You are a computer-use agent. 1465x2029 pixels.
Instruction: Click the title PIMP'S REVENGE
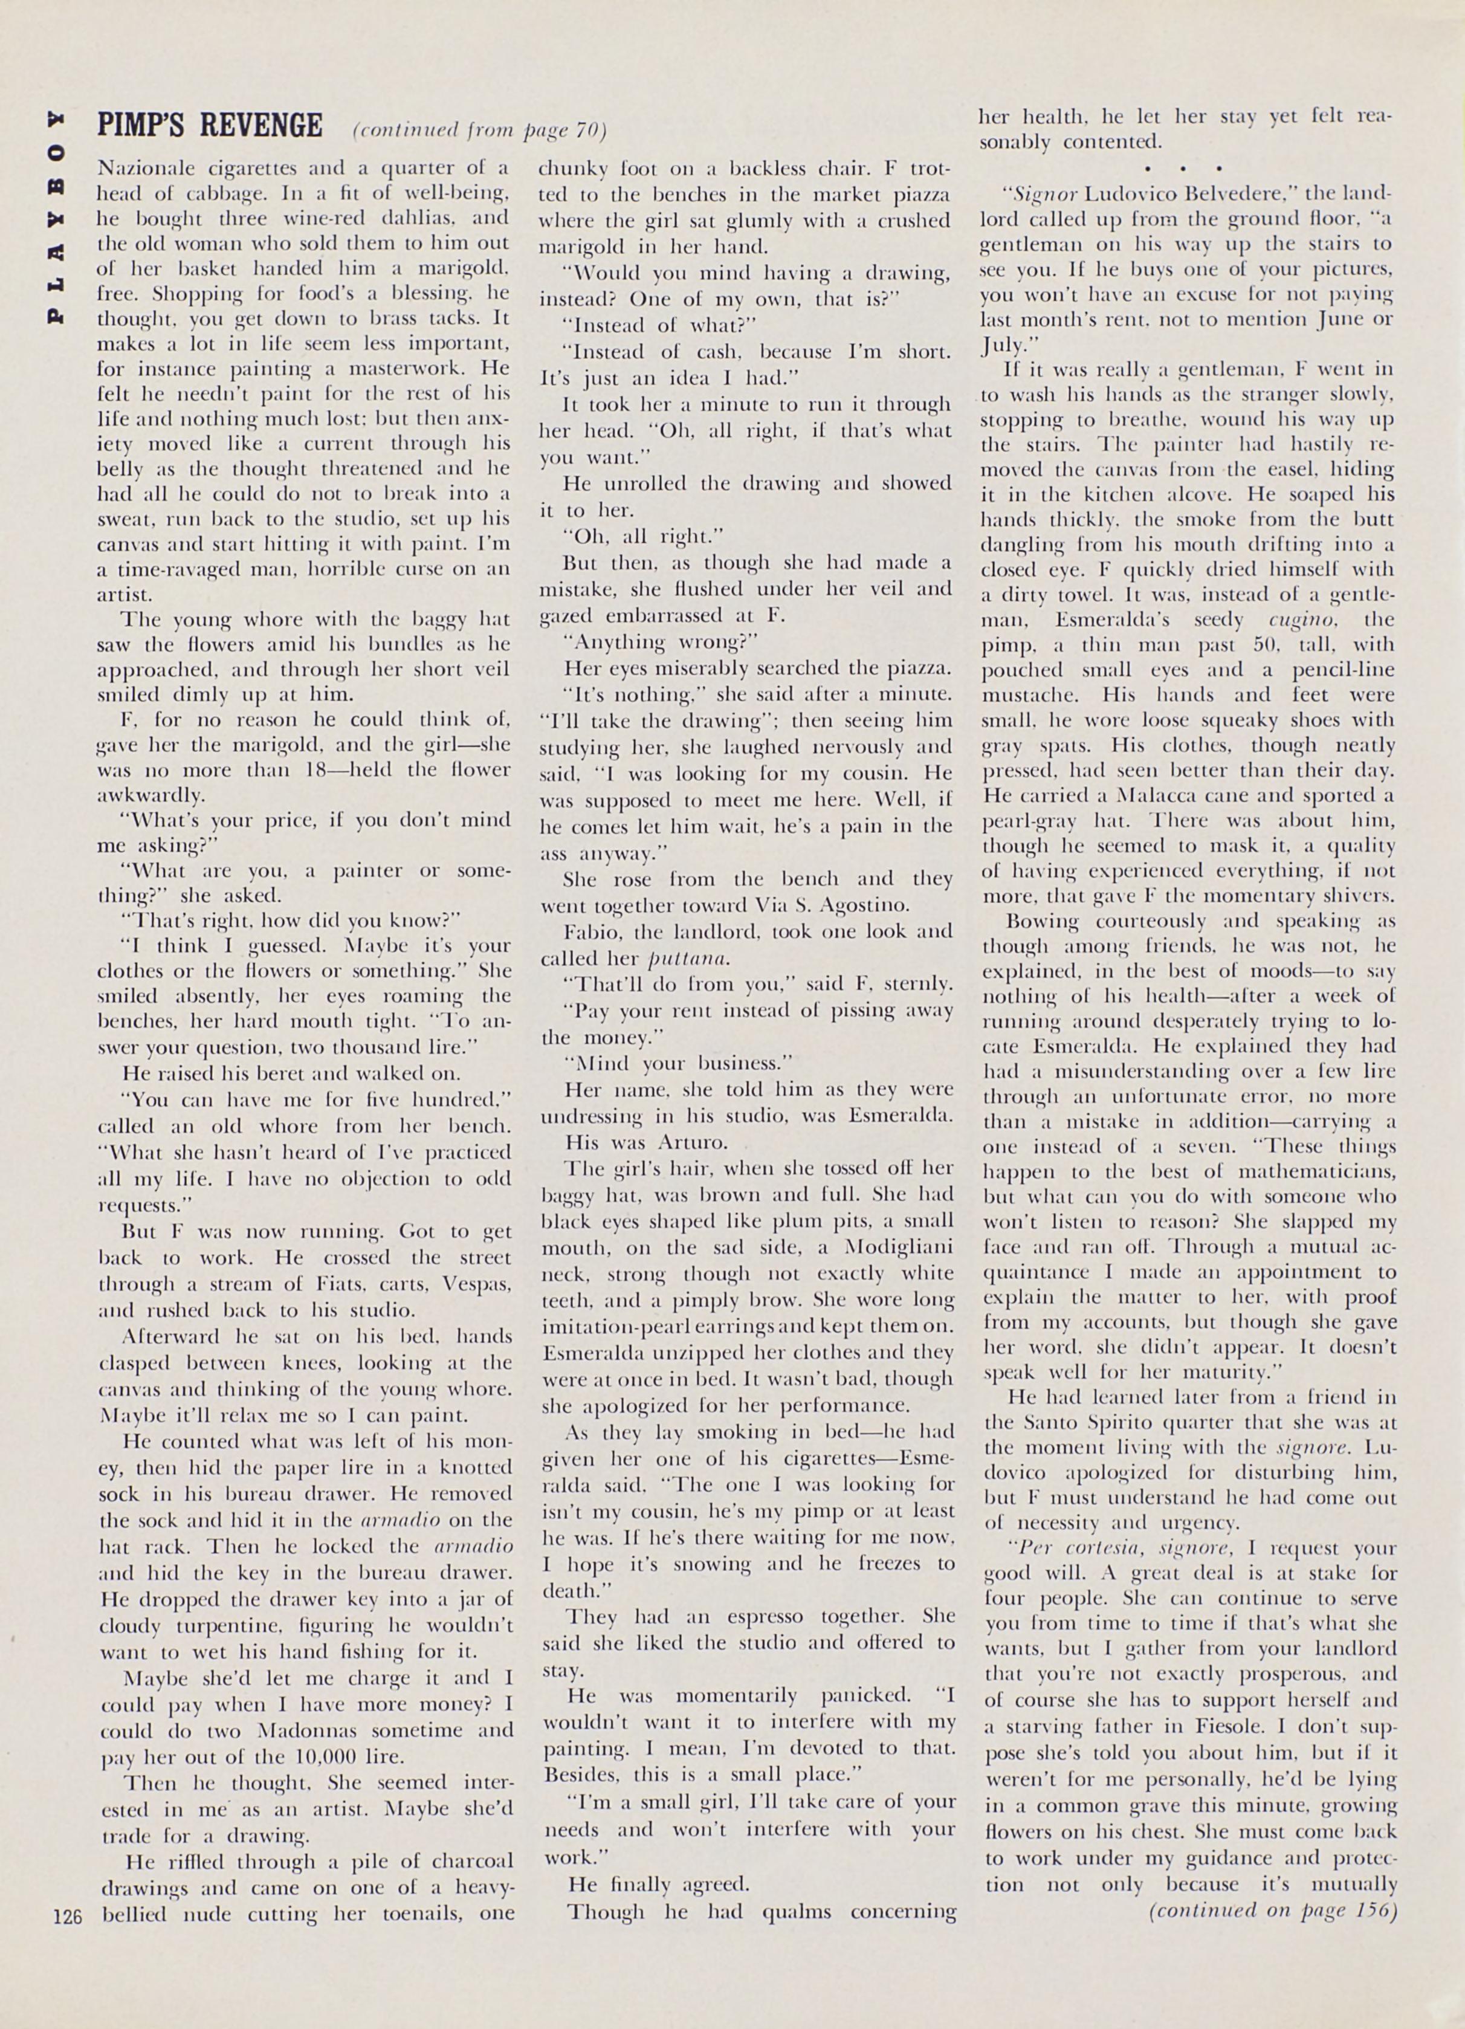[209, 126]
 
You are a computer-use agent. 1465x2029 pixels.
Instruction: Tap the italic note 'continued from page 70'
[480, 131]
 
